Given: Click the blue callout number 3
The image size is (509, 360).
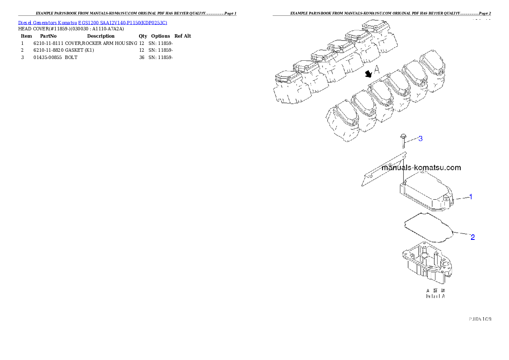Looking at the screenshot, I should tap(420, 139).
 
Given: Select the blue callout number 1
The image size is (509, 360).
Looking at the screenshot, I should tap(471, 197).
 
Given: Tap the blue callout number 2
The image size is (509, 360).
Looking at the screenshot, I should tap(473, 237).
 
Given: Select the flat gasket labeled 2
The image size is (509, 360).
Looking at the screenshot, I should tap(428, 227).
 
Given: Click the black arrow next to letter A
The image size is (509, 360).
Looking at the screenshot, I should tap(368, 74).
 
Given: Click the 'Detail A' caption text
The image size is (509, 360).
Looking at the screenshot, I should tap(435, 296).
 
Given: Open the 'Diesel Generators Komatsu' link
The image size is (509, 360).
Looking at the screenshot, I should tap(47, 22).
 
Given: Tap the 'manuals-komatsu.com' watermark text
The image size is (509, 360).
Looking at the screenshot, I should tap(421, 168).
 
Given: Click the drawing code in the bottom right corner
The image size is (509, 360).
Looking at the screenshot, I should tap(479, 319).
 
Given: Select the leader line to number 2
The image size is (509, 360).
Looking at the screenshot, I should tap(462, 233).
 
